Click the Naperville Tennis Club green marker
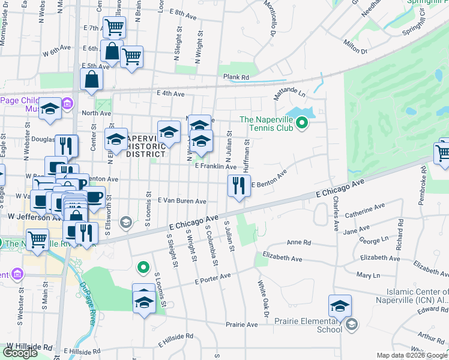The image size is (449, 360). point(303,124)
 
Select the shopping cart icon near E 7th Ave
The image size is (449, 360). point(113,26)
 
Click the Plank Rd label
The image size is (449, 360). point(236,77)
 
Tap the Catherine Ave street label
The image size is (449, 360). point(364,211)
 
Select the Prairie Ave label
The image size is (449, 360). point(241,325)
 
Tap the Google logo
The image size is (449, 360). point(20,353)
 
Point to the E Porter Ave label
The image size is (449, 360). point(212,278)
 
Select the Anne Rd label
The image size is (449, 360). point(299,243)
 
